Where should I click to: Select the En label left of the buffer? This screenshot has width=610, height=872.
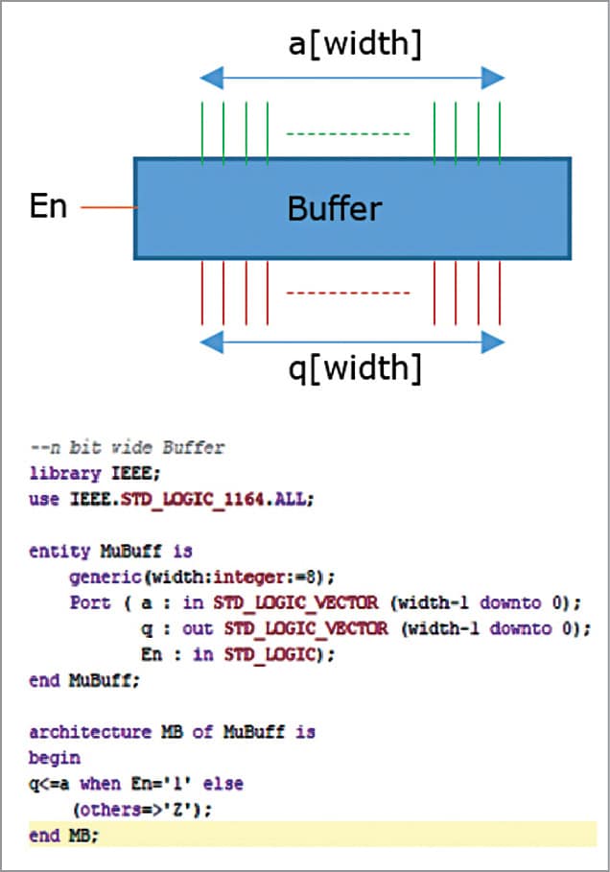coord(48,206)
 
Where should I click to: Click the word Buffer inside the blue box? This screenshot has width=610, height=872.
coord(335,208)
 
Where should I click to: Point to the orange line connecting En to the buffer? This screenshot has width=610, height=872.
coord(106,207)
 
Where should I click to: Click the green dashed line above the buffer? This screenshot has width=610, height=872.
coord(349,133)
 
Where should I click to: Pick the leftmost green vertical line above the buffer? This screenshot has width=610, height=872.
coord(202,130)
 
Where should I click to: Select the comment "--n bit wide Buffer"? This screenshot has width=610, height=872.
coord(127,448)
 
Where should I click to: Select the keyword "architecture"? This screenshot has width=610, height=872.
coord(76,732)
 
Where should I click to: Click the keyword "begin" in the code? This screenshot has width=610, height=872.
coord(48,758)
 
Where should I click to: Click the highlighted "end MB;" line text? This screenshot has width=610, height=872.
coord(63,836)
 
